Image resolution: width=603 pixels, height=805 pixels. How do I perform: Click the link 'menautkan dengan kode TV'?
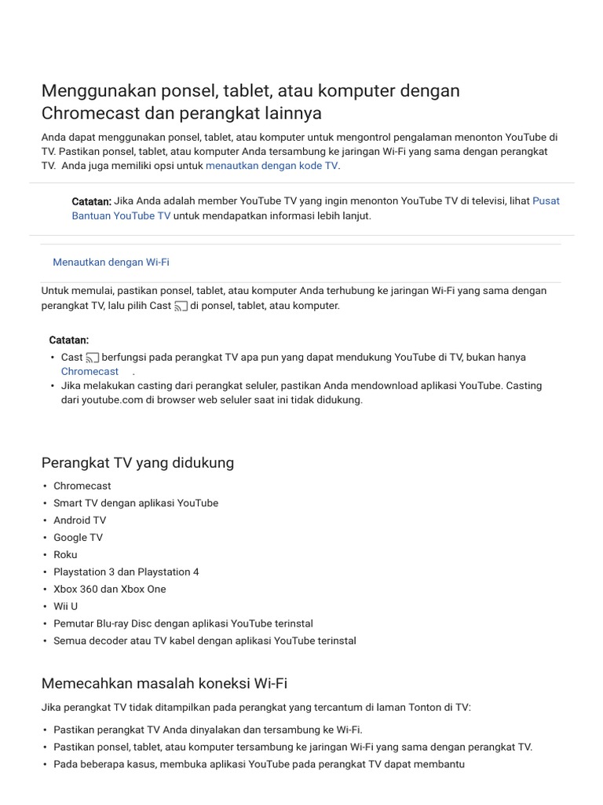pyautogui.click(x=272, y=166)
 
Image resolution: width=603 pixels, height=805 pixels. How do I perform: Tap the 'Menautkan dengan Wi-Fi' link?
pyautogui.click(x=111, y=263)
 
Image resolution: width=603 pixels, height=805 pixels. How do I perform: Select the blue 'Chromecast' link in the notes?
pyautogui.click(x=90, y=371)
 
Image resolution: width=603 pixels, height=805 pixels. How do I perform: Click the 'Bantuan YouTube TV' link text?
pyautogui.click(x=121, y=215)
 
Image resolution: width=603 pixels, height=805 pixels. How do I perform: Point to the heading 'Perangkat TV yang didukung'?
pyautogui.click(x=137, y=462)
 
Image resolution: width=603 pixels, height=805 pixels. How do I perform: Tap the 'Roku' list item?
pyautogui.click(x=65, y=554)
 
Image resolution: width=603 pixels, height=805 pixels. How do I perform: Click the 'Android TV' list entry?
pyautogui.click(x=79, y=520)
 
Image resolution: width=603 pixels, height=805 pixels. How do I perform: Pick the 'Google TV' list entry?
pyautogui.click(x=78, y=537)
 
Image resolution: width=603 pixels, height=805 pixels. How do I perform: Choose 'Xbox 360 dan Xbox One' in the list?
pyautogui.click(x=109, y=589)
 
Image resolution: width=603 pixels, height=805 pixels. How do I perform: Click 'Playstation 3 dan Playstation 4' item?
pyautogui.click(x=126, y=572)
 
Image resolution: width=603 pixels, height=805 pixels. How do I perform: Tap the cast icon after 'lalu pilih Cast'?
pyautogui.click(x=181, y=306)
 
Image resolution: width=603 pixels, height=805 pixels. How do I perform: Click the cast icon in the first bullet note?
pyautogui.click(x=93, y=358)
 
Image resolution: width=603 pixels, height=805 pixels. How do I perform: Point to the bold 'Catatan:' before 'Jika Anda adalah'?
pyautogui.click(x=91, y=201)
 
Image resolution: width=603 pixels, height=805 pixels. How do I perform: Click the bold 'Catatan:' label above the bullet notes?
pyautogui.click(x=69, y=340)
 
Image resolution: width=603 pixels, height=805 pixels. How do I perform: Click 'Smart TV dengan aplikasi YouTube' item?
pyautogui.click(x=136, y=502)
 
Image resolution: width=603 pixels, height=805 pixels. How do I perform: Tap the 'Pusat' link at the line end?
pyautogui.click(x=546, y=201)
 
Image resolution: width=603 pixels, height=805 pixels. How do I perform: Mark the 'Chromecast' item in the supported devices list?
pyautogui.click(x=82, y=485)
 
